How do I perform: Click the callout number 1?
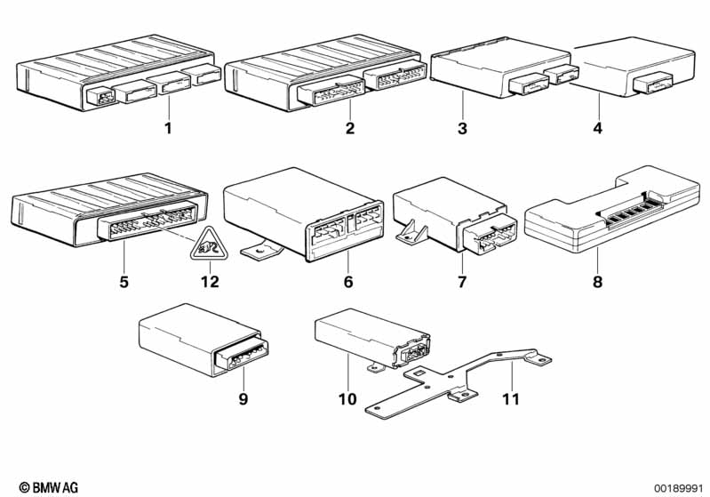[168, 128]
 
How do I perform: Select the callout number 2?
[349, 128]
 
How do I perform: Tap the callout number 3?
[462, 128]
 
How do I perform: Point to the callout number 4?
[598, 128]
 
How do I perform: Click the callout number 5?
[124, 282]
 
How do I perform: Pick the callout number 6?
[347, 282]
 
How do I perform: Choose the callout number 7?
[462, 282]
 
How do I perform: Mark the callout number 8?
[598, 282]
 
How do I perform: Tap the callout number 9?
[243, 399]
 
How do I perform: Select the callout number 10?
[347, 399]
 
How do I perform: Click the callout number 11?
[510, 399]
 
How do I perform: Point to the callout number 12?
[210, 282]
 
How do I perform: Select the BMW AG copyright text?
[49, 487]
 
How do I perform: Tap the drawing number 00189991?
[678, 488]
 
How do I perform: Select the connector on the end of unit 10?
[412, 349]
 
